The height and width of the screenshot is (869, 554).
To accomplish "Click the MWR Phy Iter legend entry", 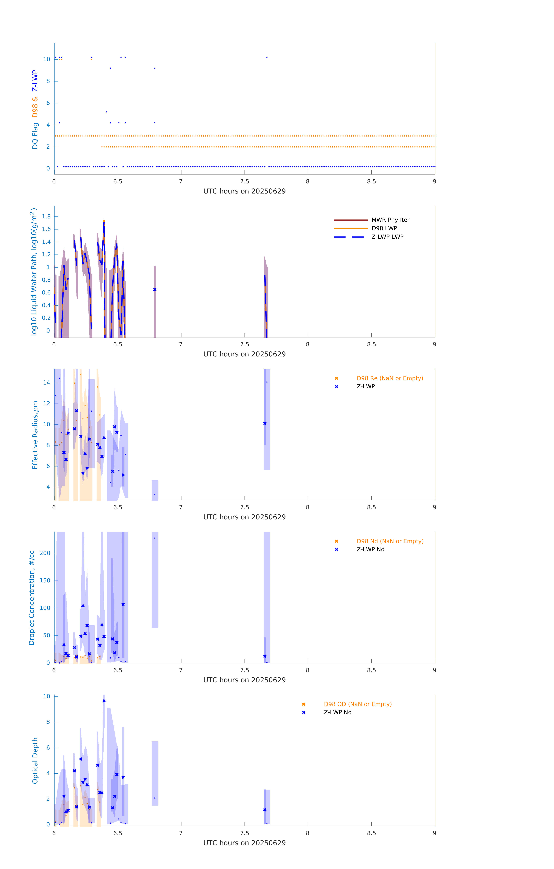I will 390,220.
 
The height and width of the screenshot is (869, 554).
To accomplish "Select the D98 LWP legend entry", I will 384,228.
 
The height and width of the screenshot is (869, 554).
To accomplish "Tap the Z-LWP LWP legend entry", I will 387,237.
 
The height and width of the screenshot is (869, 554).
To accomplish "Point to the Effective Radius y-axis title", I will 35,435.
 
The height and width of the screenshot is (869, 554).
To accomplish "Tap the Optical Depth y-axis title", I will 35,761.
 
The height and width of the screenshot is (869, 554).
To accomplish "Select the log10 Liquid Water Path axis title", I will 34,272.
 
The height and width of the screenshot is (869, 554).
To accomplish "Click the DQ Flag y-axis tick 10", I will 46,59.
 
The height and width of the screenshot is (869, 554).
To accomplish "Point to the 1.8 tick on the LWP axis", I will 46,217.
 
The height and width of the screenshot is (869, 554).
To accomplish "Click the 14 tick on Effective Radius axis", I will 46,383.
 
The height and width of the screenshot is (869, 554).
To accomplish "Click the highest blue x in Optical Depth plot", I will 104,701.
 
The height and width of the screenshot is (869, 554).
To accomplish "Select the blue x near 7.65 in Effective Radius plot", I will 265,423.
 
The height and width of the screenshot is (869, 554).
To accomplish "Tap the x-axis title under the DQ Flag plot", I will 244,191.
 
